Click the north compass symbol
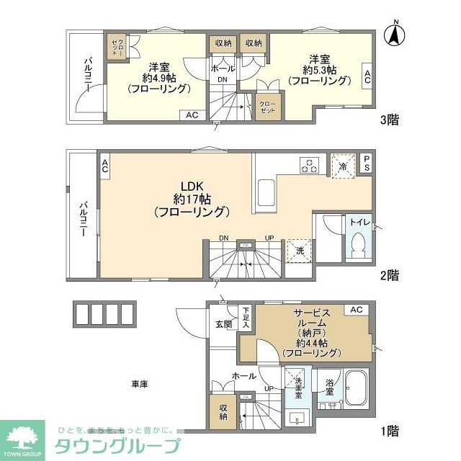click(x=395, y=34)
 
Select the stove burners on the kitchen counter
click(x=310, y=165)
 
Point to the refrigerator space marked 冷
click(x=343, y=165)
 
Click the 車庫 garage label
click(x=139, y=384)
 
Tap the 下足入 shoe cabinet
click(x=245, y=317)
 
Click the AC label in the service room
click(x=355, y=310)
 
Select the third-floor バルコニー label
click(x=86, y=74)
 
